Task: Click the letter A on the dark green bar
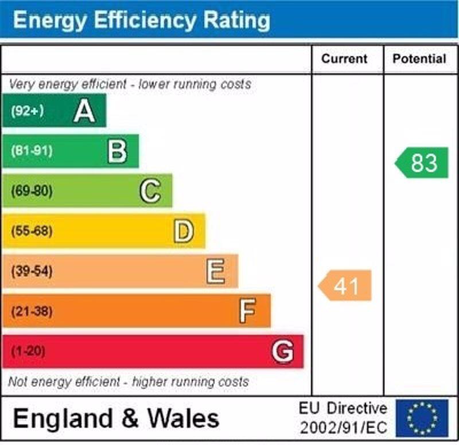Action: pos(84,111)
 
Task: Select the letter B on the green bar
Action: pos(117,151)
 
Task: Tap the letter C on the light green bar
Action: pos(150,192)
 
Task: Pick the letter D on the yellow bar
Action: pos(184,232)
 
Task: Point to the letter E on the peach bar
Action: pos(216,272)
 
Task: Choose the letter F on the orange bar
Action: pos(247,312)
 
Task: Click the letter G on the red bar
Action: pos(283,352)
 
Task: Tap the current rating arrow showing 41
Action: pos(345,286)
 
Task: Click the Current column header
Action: pos(344,59)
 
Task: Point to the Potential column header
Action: pos(419,59)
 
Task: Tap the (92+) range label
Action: pos(27,111)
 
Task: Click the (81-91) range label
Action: pos(31,151)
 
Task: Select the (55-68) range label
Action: pos(31,232)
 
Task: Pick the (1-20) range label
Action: pos(28,352)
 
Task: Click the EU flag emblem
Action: pos(422,418)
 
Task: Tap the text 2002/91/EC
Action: pos(343,428)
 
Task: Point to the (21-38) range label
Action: pos(31,312)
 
